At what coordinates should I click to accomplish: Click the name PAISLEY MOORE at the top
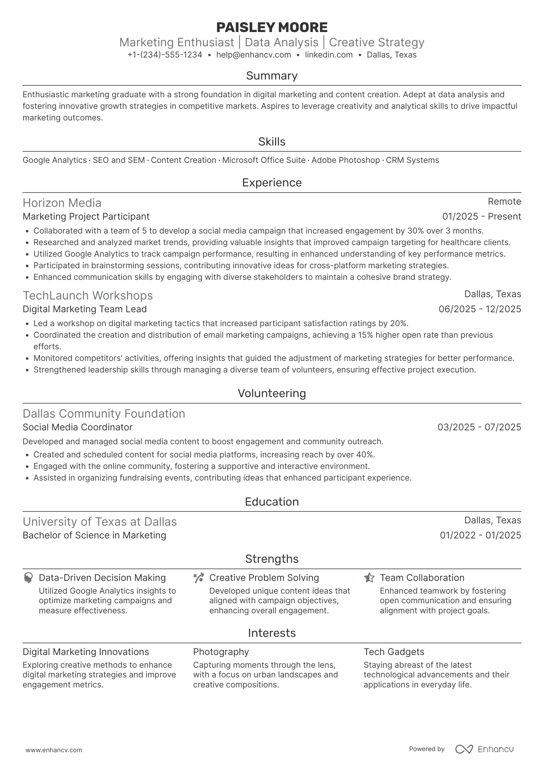click(272, 27)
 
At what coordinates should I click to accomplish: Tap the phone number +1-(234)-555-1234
click(165, 55)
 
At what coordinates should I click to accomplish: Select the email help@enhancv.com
click(253, 55)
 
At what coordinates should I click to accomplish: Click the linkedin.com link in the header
click(329, 55)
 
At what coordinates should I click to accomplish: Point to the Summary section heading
click(272, 76)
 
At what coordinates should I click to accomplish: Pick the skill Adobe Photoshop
click(345, 160)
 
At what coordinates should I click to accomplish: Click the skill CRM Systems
click(412, 160)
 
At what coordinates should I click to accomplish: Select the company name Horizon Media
click(62, 203)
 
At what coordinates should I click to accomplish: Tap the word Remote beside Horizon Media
click(504, 201)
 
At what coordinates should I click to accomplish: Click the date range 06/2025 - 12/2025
click(480, 309)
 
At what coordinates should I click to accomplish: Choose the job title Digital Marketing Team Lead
click(84, 309)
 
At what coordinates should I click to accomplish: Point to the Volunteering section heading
click(272, 393)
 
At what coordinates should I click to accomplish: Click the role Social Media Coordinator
click(78, 427)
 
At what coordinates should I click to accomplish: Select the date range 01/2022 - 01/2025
click(480, 535)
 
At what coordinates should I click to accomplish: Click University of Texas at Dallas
click(100, 522)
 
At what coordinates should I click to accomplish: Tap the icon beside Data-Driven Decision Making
click(28, 578)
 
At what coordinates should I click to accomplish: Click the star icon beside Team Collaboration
click(369, 578)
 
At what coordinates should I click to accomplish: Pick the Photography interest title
click(221, 652)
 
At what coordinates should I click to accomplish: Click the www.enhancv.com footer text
click(54, 750)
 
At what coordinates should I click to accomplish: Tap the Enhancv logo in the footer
click(485, 749)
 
